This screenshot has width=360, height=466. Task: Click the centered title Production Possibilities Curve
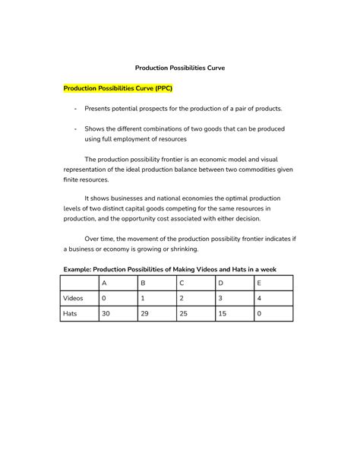point(180,68)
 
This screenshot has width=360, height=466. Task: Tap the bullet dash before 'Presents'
point(75,109)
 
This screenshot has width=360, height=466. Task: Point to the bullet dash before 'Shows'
point(75,129)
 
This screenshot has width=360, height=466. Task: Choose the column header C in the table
point(182,284)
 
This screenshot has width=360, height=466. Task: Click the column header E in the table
point(261,284)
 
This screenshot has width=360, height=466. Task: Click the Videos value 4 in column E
point(261,298)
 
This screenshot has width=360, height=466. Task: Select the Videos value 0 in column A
point(104,298)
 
